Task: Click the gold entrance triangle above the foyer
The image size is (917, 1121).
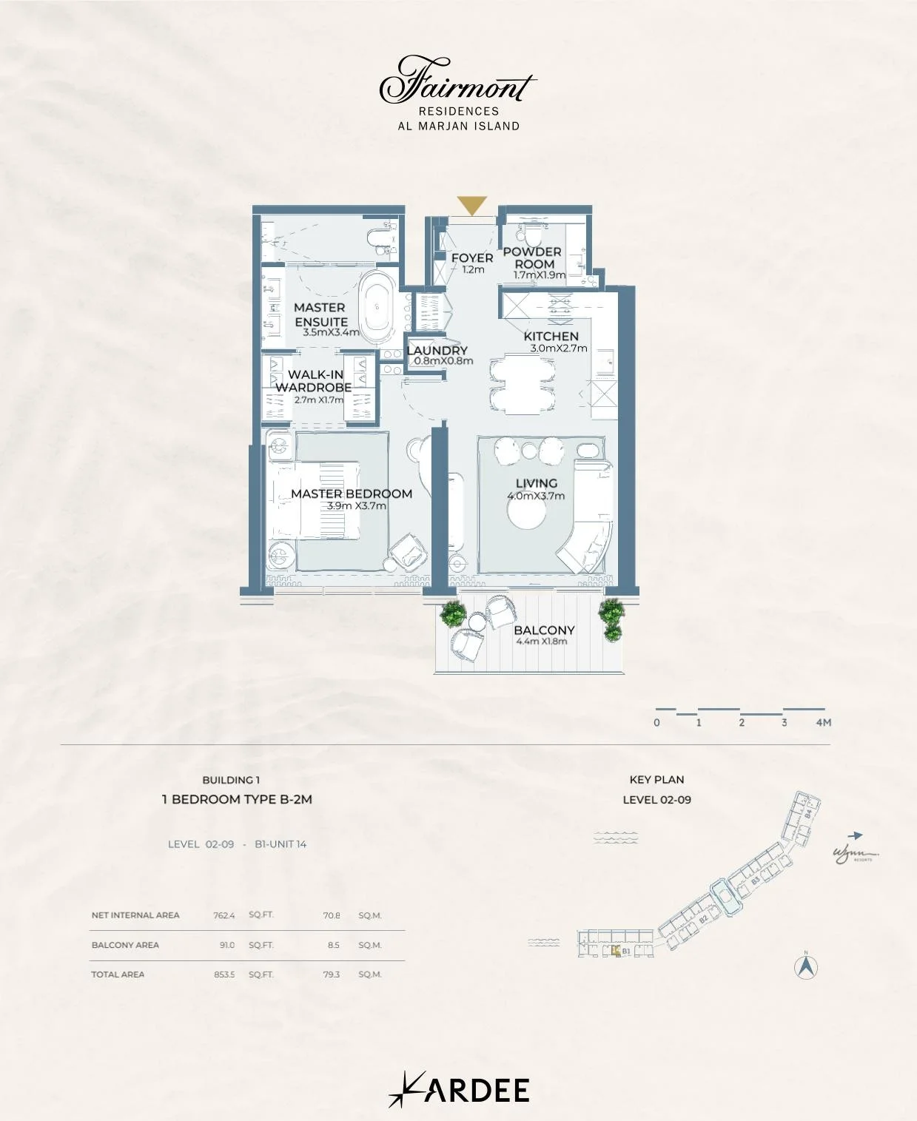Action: (x=471, y=205)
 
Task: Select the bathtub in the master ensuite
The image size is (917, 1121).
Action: (x=380, y=307)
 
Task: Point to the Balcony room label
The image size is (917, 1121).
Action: (x=544, y=630)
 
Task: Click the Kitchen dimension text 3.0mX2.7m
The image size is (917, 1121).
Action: (x=559, y=349)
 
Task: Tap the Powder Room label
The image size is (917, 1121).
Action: (x=533, y=257)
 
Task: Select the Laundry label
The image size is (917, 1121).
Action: (x=437, y=350)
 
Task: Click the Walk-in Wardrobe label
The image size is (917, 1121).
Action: (x=314, y=381)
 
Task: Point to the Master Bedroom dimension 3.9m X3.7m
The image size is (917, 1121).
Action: (x=357, y=506)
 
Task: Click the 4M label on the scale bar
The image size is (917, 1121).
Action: (x=823, y=722)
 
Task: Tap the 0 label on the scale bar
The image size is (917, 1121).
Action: (x=656, y=722)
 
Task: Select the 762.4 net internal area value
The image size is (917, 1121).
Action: (x=224, y=915)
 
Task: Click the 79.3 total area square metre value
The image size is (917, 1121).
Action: (x=332, y=974)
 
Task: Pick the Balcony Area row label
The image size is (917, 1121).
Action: (x=125, y=945)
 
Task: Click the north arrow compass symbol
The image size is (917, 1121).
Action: (x=806, y=966)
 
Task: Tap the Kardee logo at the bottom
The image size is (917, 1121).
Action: (x=459, y=1090)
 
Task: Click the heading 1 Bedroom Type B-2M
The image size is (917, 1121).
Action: (x=237, y=799)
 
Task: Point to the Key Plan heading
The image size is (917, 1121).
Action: (x=656, y=779)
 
